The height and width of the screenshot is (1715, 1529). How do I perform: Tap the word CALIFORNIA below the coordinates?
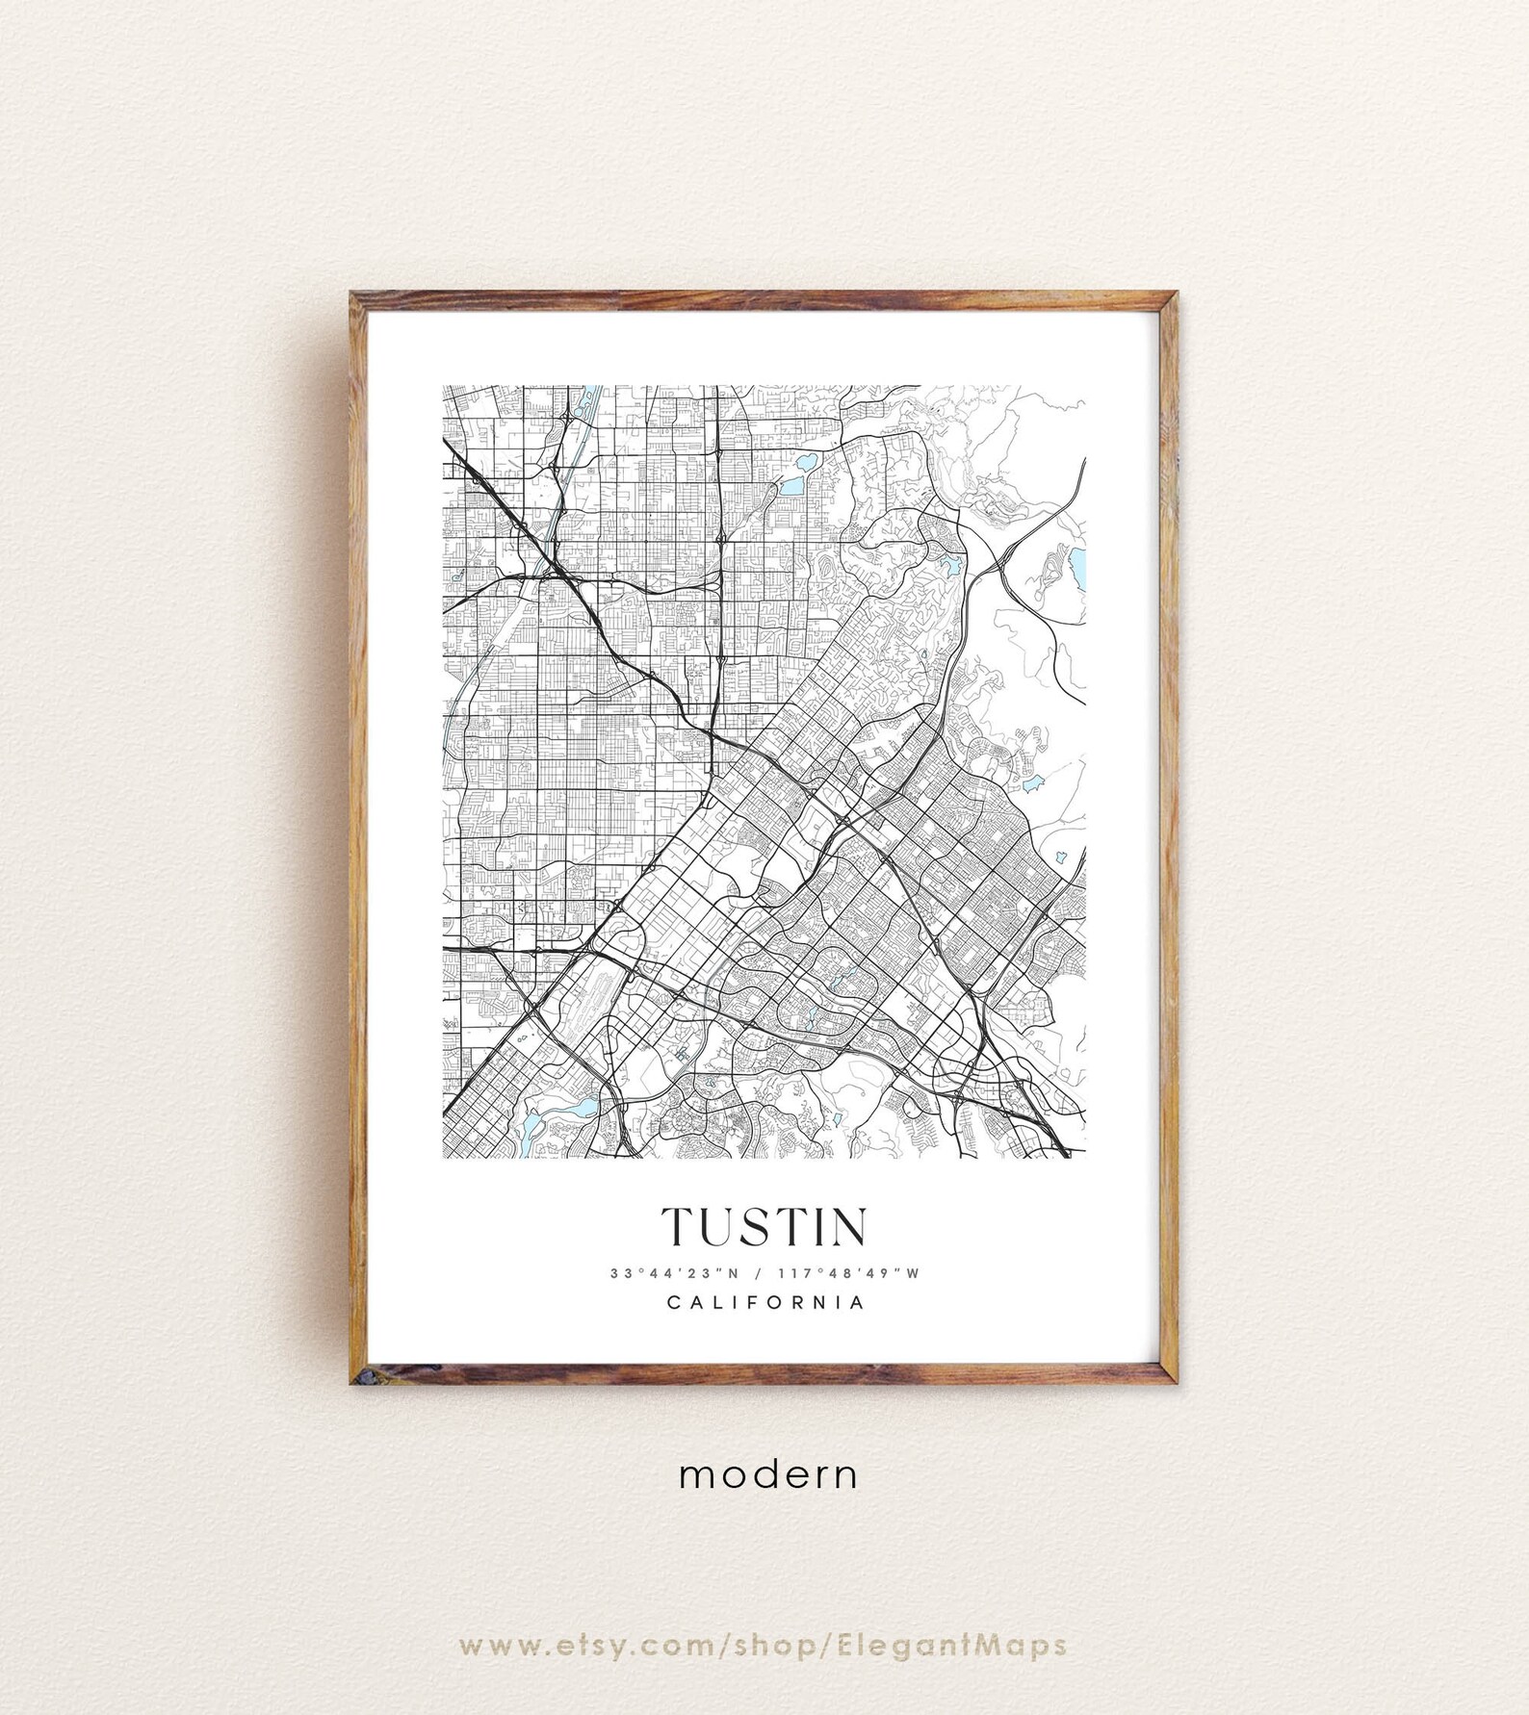[764, 1303]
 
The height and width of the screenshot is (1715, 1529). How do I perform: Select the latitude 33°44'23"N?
[673, 1273]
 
